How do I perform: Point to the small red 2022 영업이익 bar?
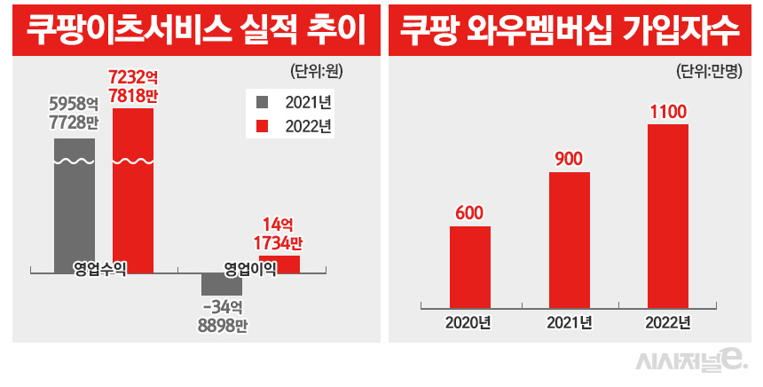279,264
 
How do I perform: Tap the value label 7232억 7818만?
132,87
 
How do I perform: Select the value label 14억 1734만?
279,233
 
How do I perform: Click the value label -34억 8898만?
222,317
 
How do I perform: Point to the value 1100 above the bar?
668,113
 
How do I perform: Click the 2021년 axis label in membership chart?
569,321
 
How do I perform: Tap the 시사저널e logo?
692,360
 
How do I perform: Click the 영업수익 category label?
99,267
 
